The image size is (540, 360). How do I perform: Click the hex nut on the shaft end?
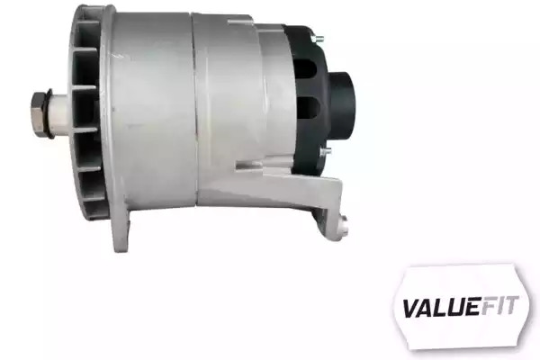coord(38,112)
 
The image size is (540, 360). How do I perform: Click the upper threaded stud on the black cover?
coord(317,39)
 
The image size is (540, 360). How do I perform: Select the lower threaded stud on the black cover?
coord(325,151)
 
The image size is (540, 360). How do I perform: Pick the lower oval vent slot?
coord(308,107)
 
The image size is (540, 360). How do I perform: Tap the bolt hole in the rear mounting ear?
coord(344,222)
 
